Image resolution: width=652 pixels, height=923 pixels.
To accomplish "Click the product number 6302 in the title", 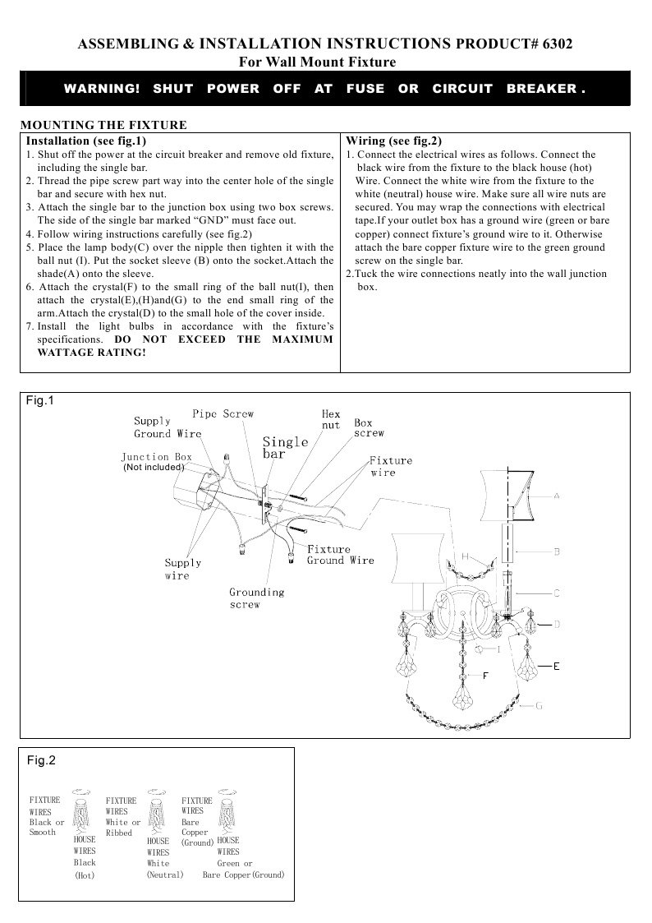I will pos(555,44).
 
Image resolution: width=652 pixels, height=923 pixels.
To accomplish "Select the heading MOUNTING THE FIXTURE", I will pos(103,125).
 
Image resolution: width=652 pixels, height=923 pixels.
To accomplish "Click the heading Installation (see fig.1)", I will pos(92,141).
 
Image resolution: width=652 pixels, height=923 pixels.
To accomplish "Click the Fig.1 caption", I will pos(39,401).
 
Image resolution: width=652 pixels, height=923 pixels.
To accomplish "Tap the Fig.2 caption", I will pos(41,760).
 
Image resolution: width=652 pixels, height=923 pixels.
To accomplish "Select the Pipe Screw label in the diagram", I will pos(223,413).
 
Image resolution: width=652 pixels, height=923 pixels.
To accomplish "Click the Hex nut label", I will pos(331,420).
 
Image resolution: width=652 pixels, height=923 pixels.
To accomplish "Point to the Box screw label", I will pos(368,428).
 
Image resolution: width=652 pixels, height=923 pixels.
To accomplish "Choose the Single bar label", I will pos(285,447).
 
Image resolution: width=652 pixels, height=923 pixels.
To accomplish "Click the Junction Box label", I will pos(156,457).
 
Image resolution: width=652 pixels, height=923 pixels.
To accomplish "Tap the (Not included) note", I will pos(154,467).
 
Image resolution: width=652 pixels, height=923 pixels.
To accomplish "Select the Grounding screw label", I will pos(256,598).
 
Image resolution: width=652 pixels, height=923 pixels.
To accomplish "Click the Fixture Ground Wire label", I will pos(340,555).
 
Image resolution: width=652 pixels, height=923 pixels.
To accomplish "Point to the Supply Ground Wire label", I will pos(168,427).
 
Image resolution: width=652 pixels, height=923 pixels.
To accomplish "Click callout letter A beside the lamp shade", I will pos(556,496).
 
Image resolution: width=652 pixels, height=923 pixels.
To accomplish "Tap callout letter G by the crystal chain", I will pos(539,705).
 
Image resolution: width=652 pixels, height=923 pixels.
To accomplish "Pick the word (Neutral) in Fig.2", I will pos(164,875).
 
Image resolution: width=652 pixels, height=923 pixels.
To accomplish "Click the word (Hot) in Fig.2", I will pos(85,875).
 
